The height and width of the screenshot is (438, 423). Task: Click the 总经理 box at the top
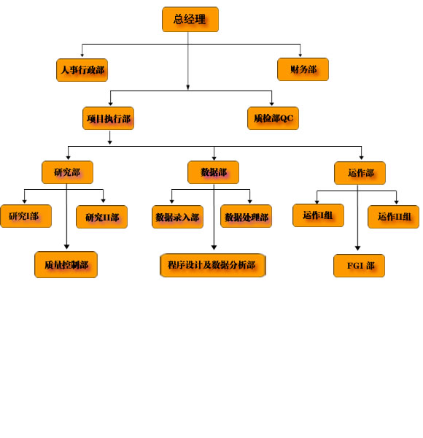tap(190, 19)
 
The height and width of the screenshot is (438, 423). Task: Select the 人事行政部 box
tap(82, 70)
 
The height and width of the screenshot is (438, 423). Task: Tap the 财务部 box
tap(303, 69)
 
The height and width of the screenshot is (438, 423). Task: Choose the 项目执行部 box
tap(108, 118)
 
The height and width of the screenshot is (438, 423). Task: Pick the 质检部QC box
tap(273, 118)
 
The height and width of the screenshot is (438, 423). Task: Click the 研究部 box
tap(67, 172)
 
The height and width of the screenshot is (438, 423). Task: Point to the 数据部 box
tap(213, 172)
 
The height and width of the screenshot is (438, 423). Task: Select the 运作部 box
tap(360, 173)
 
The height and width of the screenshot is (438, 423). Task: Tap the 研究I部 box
tap(26, 216)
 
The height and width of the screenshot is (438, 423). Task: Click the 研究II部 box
tap(101, 217)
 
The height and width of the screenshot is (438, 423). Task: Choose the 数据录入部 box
tap(177, 217)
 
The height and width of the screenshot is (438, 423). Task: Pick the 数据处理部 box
tap(246, 216)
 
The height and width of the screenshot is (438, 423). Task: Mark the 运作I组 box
tap(318, 215)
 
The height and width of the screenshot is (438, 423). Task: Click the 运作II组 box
tap(393, 217)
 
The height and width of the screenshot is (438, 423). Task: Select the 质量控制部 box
tap(66, 264)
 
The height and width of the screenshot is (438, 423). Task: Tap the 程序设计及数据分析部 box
tap(213, 266)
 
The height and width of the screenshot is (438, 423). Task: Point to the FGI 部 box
tap(359, 266)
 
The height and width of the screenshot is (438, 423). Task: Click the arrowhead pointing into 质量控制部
tap(66, 247)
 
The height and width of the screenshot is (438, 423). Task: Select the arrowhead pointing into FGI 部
tap(357, 248)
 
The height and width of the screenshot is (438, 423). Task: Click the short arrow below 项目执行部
tap(110, 138)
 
